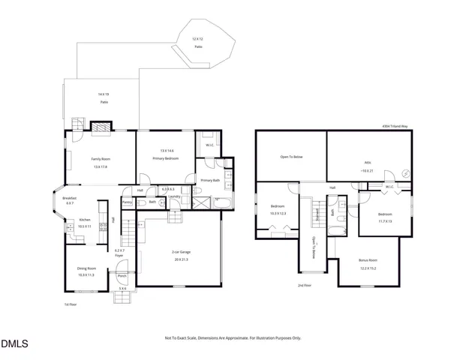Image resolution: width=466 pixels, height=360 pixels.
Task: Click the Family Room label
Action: click(100, 159)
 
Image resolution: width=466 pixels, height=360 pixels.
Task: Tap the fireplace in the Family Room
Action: click(100, 128)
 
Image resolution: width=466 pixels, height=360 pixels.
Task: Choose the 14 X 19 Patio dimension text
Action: click(103, 94)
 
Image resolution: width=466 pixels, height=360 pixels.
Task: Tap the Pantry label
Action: click(128, 202)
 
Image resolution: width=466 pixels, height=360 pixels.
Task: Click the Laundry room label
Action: click(174, 196)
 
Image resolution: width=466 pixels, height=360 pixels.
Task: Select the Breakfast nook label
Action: click(70, 199)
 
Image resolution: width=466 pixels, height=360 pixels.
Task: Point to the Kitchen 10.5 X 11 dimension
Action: click(85, 226)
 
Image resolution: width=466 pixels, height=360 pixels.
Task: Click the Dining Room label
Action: click(87, 268)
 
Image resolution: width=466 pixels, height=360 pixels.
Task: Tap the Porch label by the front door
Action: click(122, 275)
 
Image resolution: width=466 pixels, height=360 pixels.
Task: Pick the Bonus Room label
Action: click(368, 260)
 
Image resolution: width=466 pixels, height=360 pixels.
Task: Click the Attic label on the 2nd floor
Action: click(367, 162)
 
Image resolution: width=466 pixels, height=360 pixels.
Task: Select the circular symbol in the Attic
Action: click(406, 173)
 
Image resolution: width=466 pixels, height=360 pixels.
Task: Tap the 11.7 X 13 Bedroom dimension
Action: click(385, 221)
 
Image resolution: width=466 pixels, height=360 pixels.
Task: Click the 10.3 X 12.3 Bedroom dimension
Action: click(278, 213)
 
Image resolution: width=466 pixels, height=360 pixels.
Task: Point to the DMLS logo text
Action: click(14, 344)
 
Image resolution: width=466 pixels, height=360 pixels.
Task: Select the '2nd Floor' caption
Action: click(304, 286)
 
